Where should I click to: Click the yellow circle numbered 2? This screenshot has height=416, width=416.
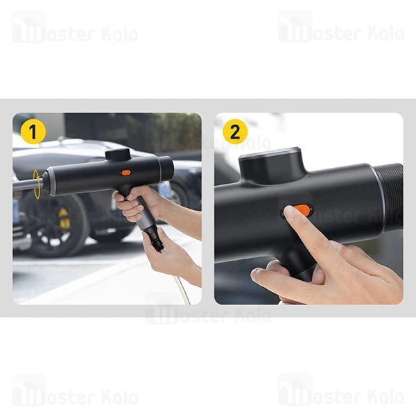click(x=235, y=132)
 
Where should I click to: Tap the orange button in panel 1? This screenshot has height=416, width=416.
click(x=125, y=172)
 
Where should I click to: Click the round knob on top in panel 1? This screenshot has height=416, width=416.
click(x=117, y=155)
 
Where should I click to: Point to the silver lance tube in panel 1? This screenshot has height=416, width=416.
click(x=26, y=184)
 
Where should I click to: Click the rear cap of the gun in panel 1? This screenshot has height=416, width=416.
click(x=166, y=168)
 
